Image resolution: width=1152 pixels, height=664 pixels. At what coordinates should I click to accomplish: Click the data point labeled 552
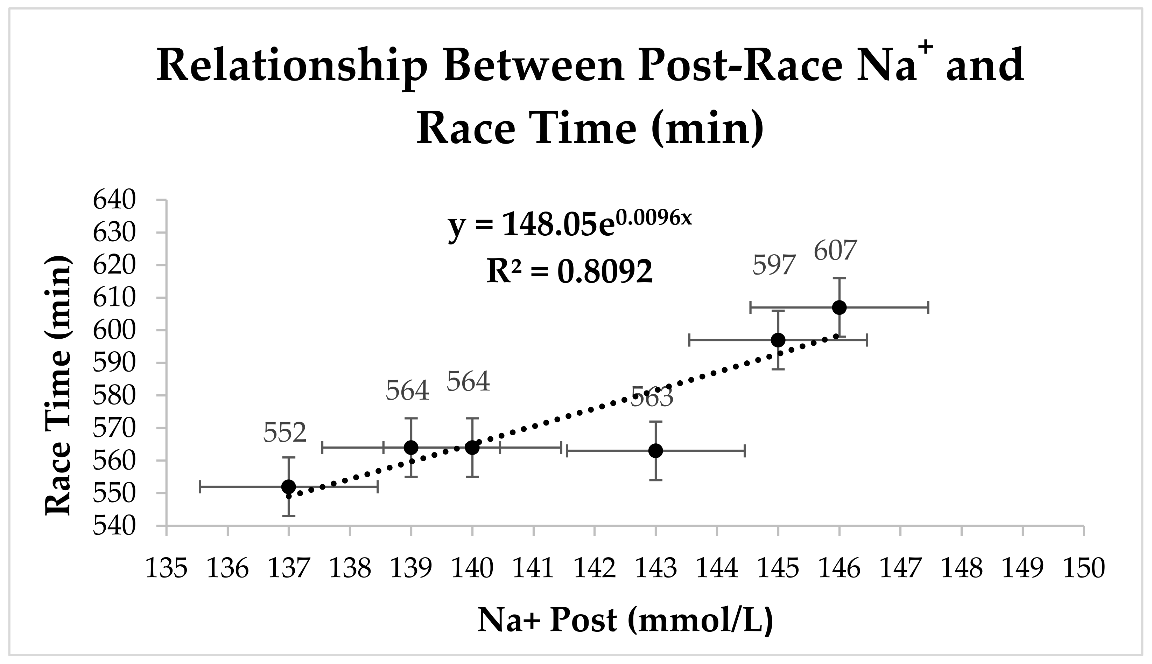(288, 486)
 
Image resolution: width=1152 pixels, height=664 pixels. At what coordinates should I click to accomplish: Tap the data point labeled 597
(778, 340)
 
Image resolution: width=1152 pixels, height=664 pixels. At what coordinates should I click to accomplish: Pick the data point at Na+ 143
(655, 451)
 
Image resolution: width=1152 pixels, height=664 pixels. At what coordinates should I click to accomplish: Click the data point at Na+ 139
(411, 447)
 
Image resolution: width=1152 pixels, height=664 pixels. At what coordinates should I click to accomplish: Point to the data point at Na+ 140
(472, 447)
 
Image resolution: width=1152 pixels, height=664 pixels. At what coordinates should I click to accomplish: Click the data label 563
(652, 397)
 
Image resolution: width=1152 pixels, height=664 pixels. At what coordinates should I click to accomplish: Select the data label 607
(835, 251)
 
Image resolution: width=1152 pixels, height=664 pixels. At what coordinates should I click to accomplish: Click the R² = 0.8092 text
(570, 271)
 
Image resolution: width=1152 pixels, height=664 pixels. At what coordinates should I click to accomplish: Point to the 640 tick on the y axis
(114, 200)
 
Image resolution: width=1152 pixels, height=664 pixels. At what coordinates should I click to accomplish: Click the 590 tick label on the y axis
(114, 363)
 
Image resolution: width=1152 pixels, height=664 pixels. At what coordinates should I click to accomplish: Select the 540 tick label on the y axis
(114, 526)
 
